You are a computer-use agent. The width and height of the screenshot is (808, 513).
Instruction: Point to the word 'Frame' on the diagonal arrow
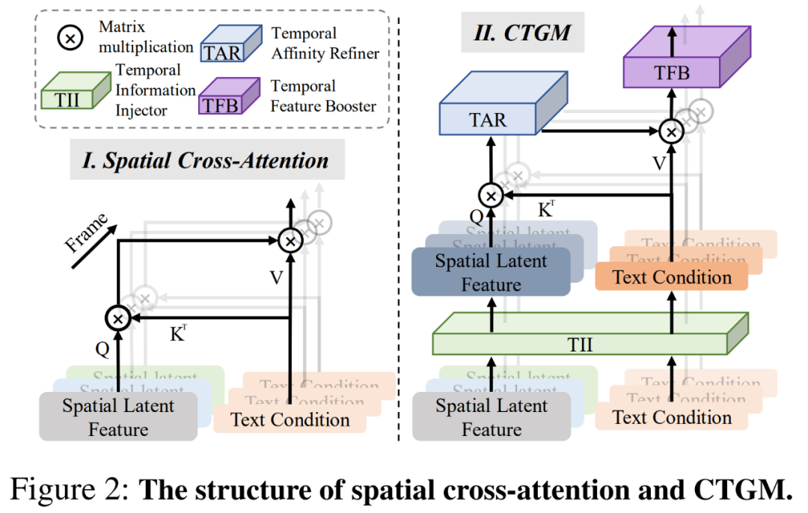(86, 233)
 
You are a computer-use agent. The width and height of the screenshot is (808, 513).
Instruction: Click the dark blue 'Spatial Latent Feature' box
(491, 273)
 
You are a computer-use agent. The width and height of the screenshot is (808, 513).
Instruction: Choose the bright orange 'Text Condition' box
(672, 277)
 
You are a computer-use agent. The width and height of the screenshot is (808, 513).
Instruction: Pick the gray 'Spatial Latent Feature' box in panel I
(118, 417)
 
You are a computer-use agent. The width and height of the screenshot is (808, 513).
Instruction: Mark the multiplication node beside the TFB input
(672, 132)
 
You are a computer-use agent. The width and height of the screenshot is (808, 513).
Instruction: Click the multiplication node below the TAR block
(491, 196)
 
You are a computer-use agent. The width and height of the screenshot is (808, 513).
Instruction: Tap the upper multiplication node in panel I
(290, 241)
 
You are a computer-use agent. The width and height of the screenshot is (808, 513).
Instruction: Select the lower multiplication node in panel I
(118, 319)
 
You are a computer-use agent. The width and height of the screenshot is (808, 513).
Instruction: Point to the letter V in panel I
(276, 278)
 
